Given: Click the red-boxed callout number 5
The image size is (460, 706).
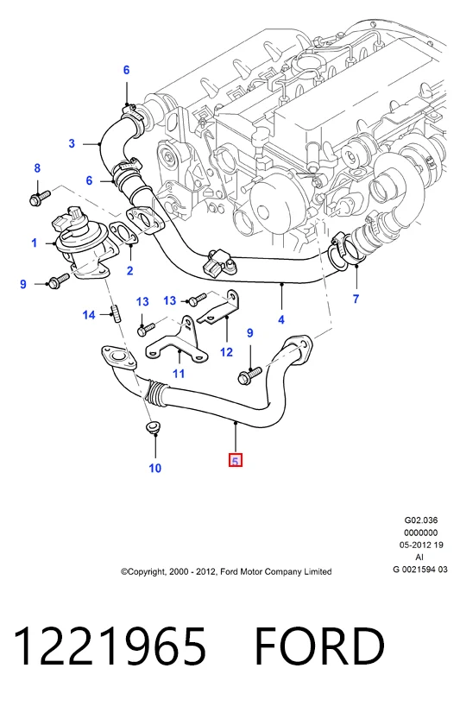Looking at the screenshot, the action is point(236,461).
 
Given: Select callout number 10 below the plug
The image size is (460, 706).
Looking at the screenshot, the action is point(154,469).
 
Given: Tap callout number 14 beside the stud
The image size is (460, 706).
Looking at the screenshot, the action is point(89,315).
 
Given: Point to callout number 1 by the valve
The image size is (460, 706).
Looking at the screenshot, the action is point(35,243).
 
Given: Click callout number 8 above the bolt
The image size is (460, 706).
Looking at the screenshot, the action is point(37,168).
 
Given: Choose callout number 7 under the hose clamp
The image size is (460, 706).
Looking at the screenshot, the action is point(356,299).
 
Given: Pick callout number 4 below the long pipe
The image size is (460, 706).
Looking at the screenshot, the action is point(281,319).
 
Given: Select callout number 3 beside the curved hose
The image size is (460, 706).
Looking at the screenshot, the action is point(72,143).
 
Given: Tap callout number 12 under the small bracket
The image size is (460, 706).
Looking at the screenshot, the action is point(226,351).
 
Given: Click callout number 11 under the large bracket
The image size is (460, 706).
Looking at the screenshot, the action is point(179,373).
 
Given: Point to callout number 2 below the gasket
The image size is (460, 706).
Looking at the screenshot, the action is point(130,271).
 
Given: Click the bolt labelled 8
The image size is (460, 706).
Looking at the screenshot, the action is point(40,197).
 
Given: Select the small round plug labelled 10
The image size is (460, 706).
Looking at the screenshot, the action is point(153,427).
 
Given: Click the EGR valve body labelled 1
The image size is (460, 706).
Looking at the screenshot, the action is point(80,243).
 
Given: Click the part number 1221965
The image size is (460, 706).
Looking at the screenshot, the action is point(110,646).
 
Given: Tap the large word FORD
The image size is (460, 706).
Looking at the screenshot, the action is point(320,646).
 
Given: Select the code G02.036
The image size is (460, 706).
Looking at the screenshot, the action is point(421,520).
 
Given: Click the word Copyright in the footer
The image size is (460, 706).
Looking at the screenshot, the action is point(146,572).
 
